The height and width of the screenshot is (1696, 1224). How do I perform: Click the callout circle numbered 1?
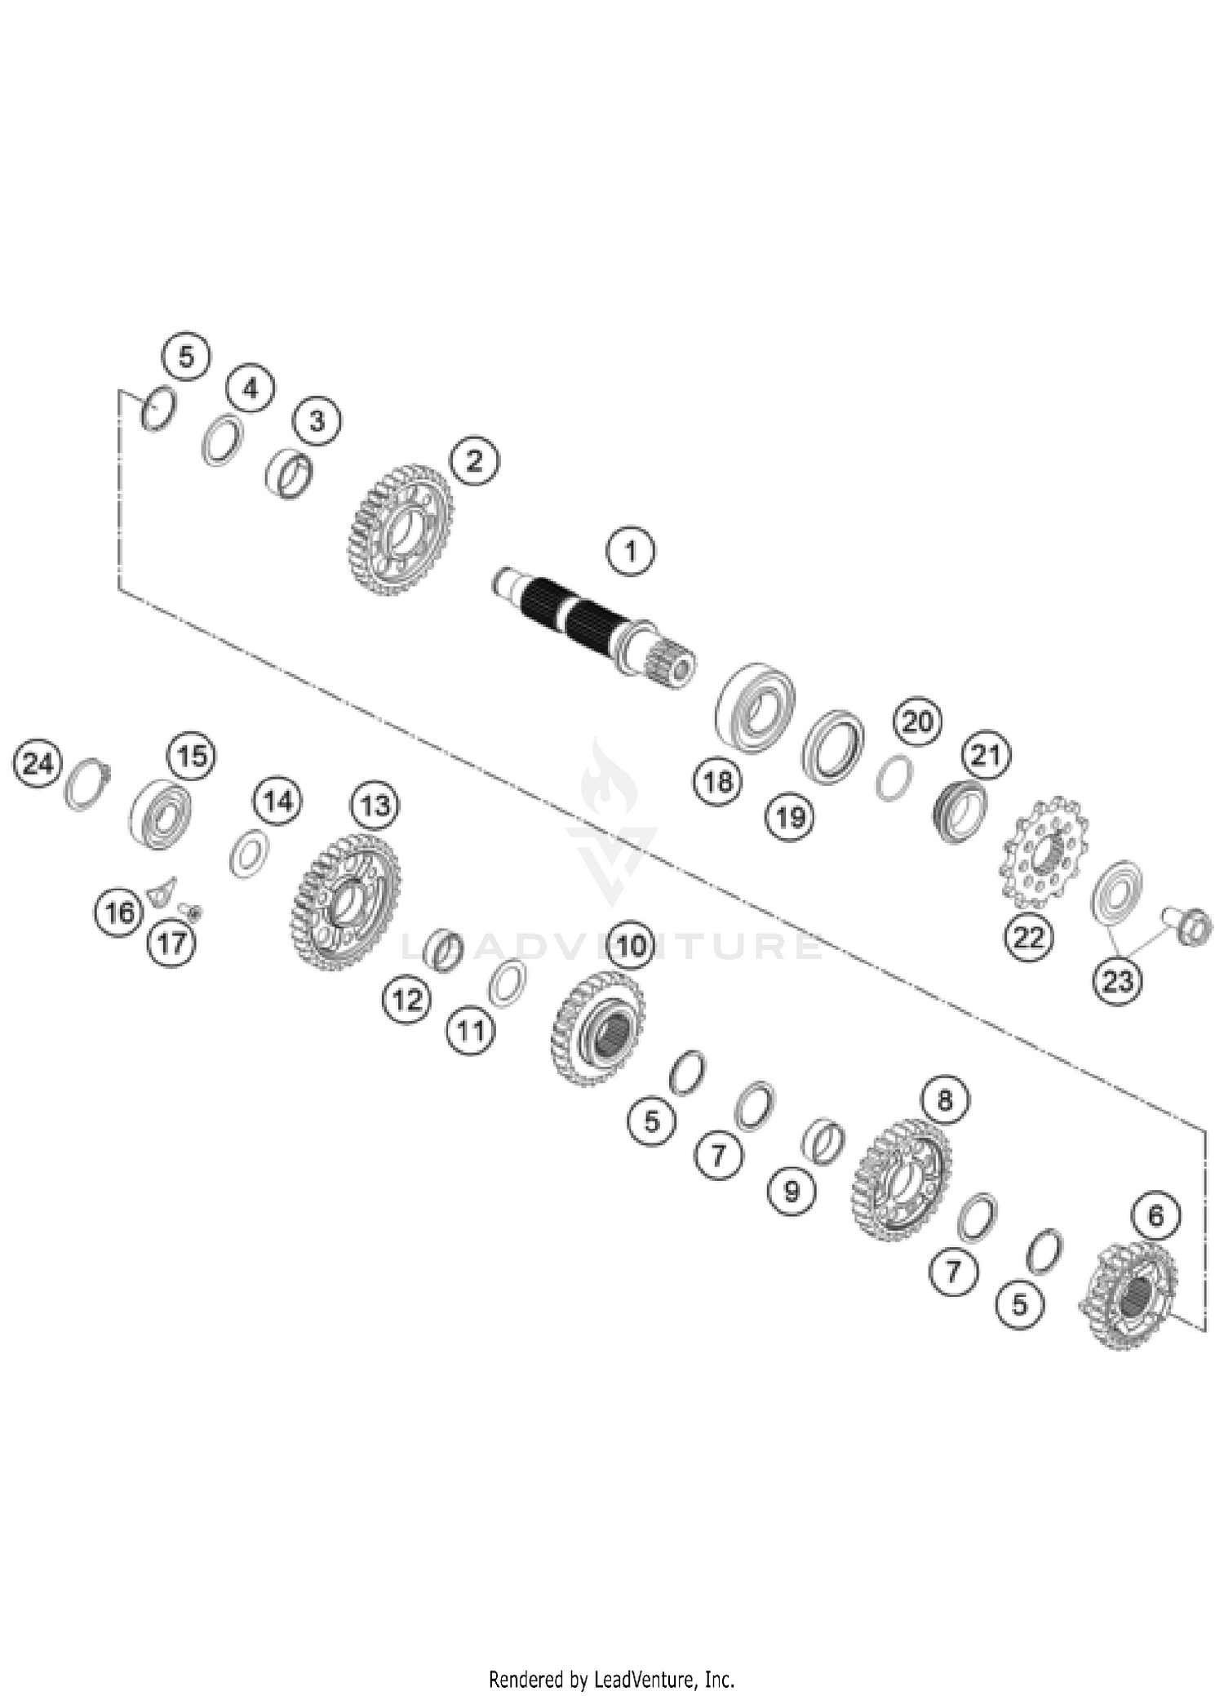tap(630, 552)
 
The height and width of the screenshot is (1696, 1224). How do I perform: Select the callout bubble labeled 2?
tap(474, 461)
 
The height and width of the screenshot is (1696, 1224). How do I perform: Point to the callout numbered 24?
tap(38, 764)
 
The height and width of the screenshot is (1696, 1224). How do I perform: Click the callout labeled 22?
tap(1028, 937)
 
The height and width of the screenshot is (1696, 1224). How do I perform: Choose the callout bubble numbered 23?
tap(1117, 981)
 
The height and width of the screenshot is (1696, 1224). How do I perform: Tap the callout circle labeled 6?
tap(1155, 1217)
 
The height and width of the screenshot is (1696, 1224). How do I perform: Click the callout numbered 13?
tap(375, 806)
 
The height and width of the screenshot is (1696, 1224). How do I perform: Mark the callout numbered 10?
tap(631, 947)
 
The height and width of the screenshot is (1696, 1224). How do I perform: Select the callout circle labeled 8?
tap(944, 1100)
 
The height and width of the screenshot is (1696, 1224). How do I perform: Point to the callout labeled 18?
tap(718, 782)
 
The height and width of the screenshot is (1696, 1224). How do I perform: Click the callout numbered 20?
tap(917, 721)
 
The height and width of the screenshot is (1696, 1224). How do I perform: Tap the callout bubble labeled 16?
tap(120, 912)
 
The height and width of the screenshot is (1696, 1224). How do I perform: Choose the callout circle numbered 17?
tap(171, 943)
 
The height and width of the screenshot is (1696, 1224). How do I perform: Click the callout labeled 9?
tap(792, 1192)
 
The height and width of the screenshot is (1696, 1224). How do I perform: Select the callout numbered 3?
tap(317, 421)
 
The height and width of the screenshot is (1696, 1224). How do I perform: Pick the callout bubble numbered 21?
tap(986, 755)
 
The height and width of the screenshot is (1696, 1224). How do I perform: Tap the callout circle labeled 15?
tap(193, 756)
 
